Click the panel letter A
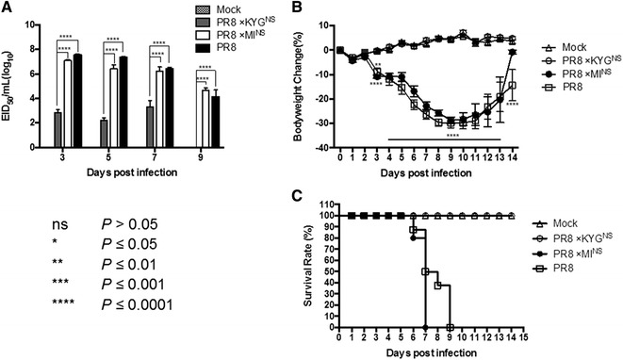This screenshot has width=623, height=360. coord(8,9)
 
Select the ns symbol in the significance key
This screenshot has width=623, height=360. coord(57,225)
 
